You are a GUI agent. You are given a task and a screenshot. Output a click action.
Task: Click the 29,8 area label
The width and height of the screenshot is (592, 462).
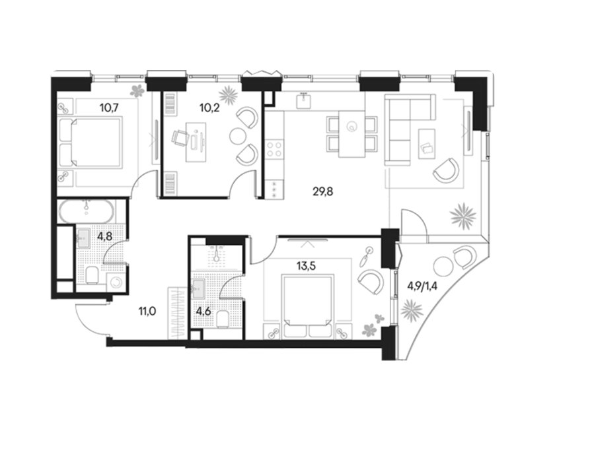tap(323, 192)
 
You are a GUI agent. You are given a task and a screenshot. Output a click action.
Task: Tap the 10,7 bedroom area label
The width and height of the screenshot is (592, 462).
tap(109, 108)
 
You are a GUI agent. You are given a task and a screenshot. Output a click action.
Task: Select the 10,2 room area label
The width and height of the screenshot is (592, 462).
tap(210, 108)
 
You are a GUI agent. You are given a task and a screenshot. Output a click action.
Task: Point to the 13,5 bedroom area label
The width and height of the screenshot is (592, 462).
tap(306, 266)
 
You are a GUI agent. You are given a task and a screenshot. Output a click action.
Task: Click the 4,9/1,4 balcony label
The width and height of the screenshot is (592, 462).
tap(422, 286)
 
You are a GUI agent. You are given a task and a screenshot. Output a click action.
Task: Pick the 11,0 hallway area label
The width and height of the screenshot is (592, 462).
tap(147, 312)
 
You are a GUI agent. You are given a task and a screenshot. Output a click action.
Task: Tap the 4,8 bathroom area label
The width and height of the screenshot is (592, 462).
tap(105, 236)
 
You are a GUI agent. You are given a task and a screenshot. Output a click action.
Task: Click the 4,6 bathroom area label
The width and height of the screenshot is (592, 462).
tap(203, 312)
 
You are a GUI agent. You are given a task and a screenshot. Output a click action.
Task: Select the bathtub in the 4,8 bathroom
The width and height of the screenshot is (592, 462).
tap(87, 212)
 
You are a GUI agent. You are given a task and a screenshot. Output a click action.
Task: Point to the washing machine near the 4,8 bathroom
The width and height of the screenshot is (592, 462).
tap(116, 282)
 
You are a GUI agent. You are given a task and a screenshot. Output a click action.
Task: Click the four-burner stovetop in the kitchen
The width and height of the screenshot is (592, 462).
tap(274, 148)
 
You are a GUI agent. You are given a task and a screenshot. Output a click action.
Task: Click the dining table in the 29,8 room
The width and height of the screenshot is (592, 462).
tap(352, 134)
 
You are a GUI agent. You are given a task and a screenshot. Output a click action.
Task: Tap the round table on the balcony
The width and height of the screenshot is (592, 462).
tap(443, 266)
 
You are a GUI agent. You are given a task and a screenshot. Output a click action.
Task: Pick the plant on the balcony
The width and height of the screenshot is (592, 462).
tap(412, 311)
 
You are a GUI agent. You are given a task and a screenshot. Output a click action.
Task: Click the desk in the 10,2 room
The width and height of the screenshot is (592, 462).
tap(196, 142)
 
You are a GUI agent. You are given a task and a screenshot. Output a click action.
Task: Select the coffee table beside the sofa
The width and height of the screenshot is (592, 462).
tap(427, 144)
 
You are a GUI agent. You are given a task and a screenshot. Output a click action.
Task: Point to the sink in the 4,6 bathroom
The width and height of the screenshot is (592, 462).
tap(198, 288)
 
